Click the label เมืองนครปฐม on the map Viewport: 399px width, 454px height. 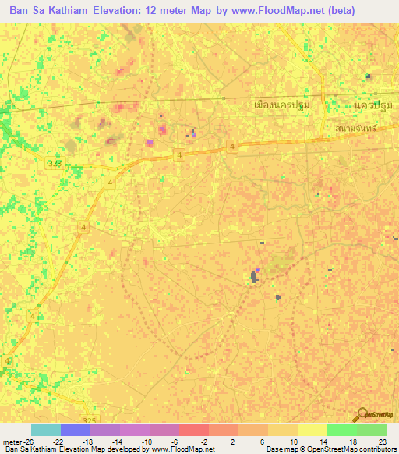click(x=282, y=105)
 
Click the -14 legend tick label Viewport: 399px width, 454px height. click(x=117, y=441)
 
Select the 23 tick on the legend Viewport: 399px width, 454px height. click(x=382, y=441)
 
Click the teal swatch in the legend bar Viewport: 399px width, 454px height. click(x=46, y=430)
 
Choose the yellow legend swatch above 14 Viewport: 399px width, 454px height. click(x=312, y=430)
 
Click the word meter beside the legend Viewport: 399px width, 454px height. click(x=12, y=441)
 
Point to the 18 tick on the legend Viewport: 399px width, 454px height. click(x=353, y=441)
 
